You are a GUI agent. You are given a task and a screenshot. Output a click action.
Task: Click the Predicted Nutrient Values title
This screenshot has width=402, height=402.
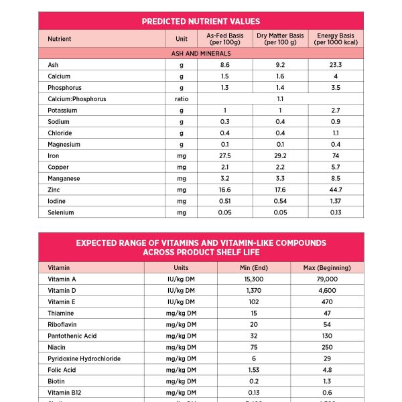click(201, 21)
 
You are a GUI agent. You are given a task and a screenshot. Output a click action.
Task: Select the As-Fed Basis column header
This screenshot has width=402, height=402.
click(225, 39)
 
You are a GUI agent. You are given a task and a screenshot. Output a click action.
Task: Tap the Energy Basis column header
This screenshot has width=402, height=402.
click(336, 39)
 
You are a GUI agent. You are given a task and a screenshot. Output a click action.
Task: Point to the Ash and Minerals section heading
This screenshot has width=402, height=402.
click(201, 53)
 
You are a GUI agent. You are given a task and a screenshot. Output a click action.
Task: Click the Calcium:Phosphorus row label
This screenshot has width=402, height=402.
click(77, 99)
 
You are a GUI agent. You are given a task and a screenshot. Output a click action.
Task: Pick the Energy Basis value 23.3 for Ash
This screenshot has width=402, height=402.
click(336, 65)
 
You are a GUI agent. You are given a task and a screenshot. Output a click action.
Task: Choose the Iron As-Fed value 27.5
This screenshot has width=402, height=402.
click(225, 156)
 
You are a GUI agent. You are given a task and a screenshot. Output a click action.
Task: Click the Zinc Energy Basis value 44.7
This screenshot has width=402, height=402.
click(336, 190)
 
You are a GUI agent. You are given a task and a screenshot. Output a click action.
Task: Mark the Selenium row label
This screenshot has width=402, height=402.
click(61, 213)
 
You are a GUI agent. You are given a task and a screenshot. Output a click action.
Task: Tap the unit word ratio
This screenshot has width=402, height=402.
click(181, 99)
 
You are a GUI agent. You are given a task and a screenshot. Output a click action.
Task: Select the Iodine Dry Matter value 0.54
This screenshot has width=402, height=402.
click(280, 202)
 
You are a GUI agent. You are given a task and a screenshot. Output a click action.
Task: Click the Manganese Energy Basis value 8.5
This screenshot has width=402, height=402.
click(336, 179)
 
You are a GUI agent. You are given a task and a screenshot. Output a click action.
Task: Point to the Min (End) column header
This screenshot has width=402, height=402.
click(254, 268)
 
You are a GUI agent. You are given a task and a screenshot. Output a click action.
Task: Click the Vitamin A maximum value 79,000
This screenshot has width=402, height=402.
click(327, 279)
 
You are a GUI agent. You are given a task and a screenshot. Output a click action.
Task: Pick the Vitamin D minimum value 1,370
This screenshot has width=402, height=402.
click(254, 291)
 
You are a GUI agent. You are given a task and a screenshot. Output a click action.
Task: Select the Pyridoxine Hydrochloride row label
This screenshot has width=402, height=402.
click(84, 358)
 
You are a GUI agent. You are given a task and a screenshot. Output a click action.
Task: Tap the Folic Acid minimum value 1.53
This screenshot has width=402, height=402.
click(254, 370)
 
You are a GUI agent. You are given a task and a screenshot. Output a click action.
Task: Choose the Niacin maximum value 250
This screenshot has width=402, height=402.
click(327, 347)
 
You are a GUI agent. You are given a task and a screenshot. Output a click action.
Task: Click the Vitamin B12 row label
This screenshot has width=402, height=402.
click(66, 393)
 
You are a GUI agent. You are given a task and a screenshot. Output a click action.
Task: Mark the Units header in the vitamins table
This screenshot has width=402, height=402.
click(181, 268)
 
